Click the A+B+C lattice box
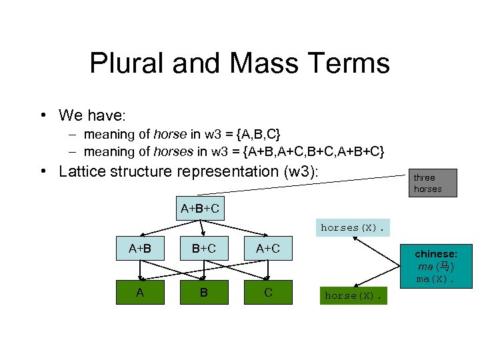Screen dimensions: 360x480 click(x=199, y=209)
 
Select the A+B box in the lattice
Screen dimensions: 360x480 click(x=139, y=249)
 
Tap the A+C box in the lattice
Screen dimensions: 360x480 click(x=267, y=249)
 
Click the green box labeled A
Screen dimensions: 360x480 click(x=139, y=292)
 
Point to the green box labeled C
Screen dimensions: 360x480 click(x=267, y=292)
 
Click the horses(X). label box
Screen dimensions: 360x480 click(x=352, y=227)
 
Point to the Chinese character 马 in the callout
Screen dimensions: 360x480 click(x=445, y=267)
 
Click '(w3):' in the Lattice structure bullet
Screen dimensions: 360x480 click(x=301, y=171)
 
